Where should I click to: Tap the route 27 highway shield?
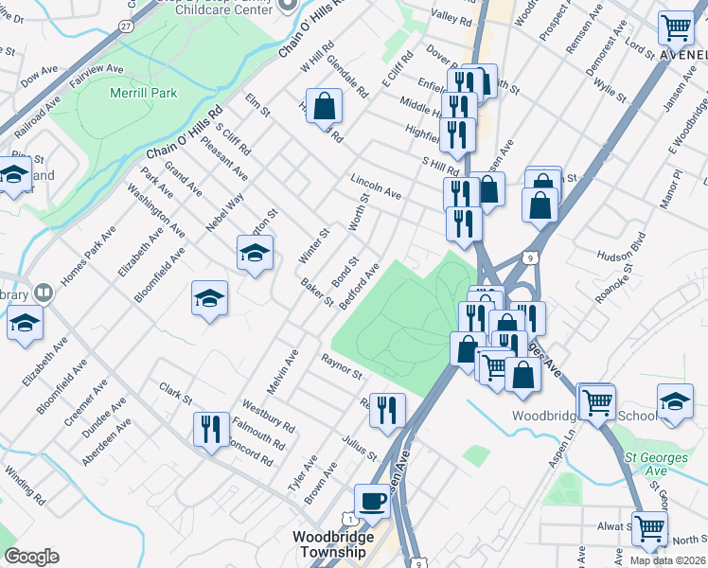click(126, 27)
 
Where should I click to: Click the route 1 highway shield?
click(351, 519)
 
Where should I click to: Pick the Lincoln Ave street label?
click(376, 186)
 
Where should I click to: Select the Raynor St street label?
click(342, 366)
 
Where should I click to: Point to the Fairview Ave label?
click(101, 68)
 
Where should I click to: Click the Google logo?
click(31, 557)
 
